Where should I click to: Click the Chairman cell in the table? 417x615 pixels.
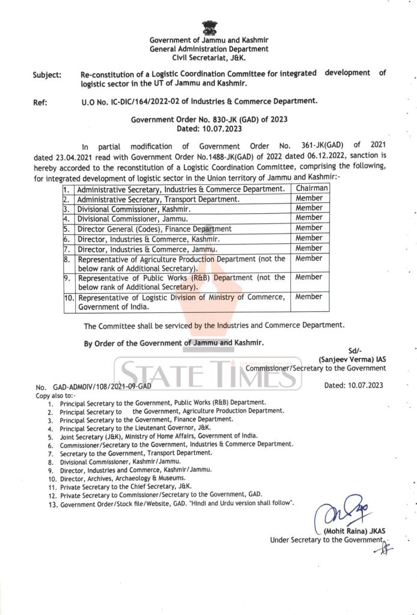309,189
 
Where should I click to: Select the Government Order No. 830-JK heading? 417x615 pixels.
209,119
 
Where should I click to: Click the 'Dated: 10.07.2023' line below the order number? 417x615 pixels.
208,128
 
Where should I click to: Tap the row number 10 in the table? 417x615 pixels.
68,297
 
